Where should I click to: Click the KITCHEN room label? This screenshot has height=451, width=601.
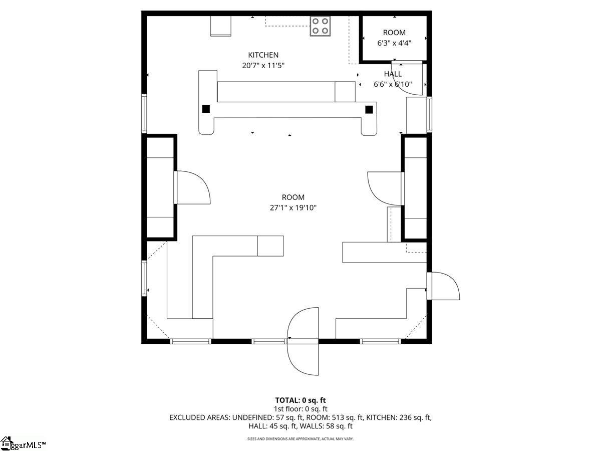263,55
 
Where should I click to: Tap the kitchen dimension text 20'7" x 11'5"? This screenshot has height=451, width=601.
263,66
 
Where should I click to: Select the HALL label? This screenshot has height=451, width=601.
393,74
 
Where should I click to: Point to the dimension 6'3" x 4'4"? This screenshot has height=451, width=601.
394,43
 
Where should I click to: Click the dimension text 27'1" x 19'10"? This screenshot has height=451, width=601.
293,207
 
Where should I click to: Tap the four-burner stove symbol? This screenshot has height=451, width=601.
321,26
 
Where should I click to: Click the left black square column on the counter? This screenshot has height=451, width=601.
206,109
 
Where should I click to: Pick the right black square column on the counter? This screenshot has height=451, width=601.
369,110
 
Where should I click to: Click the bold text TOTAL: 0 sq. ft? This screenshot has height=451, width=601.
300,400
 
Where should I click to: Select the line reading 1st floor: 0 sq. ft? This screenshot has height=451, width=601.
300,409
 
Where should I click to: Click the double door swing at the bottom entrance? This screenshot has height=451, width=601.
303,341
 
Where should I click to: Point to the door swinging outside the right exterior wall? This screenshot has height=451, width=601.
444,286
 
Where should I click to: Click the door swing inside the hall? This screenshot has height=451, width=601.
407,79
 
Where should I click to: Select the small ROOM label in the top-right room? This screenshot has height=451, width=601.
394,33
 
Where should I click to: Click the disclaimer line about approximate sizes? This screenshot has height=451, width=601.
300,438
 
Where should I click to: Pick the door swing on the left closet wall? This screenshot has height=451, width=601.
193,187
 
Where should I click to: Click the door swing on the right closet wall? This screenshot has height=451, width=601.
385,188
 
